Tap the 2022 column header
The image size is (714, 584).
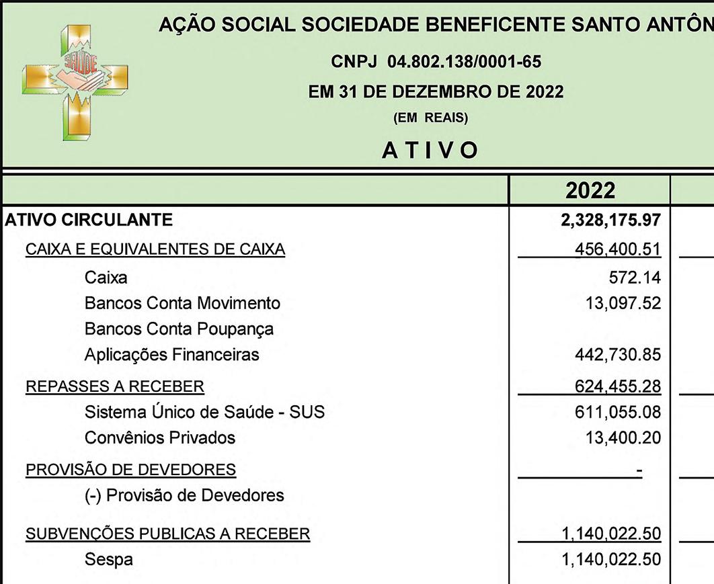[x=590, y=190]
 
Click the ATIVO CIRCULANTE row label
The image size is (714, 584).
[x=89, y=220]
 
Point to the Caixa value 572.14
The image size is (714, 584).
[x=634, y=277]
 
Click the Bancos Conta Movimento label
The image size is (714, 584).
[x=182, y=303]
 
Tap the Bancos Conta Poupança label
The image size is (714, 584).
[x=179, y=329]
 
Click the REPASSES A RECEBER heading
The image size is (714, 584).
[x=115, y=386]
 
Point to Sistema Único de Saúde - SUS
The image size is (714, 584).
[x=204, y=412]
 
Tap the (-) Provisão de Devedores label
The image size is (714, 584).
[x=184, y=496]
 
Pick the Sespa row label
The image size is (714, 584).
[x=109, y=559]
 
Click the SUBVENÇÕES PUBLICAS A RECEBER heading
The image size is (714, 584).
[x=168, y=534]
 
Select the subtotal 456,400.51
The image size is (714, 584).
[x=617, y=249]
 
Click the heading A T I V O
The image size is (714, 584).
[x=430, y=151]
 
